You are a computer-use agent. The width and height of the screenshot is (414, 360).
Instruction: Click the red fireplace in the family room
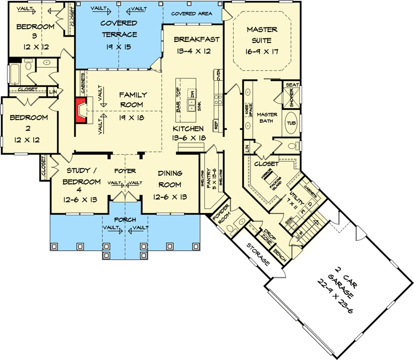click(80, 109)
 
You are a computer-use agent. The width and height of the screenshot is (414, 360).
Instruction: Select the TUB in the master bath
click(291, 123)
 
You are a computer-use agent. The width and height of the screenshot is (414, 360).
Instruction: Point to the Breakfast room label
click(197, 39)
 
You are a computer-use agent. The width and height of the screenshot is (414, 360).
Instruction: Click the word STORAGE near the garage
click(257, 254)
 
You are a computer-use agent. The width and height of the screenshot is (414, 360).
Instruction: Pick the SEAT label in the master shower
click(291, 85)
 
